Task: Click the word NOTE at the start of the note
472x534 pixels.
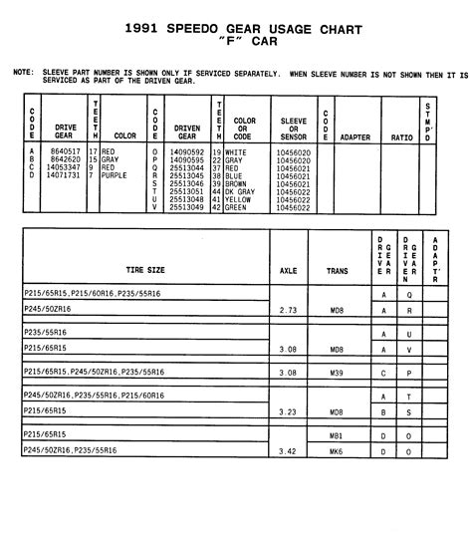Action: click(x=23, y=73)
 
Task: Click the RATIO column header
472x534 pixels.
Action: click(x=401, y=137)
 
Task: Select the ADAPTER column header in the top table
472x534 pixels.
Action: click(x=355, y=137)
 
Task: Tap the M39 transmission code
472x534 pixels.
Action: click(x=337, y=373)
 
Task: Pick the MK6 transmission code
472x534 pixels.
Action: click(x=337, y=450)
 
